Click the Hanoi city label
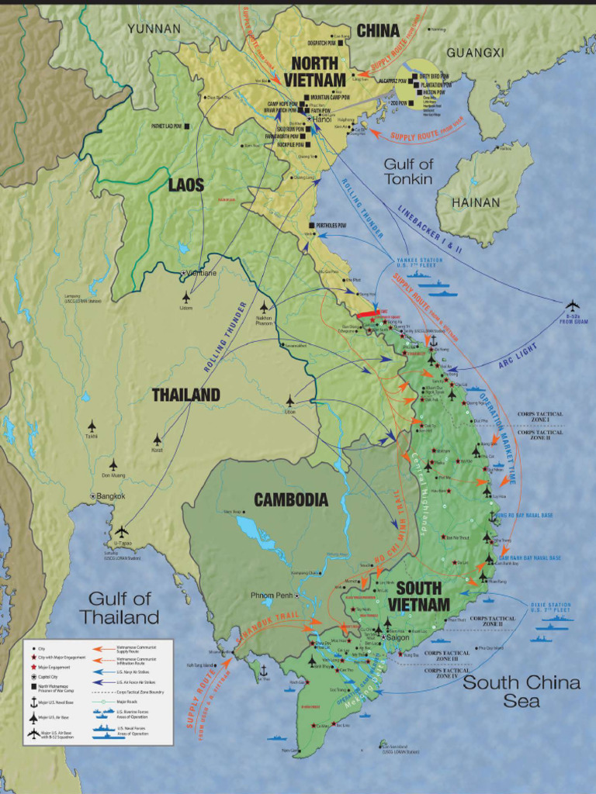tap(323, 119)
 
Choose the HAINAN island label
tap(476, 202)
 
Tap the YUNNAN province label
tap(154, 29)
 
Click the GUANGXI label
tap(475, 53)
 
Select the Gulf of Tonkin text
tap(408, 171)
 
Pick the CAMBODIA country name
tap(291, 500)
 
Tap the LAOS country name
tap(186, 185)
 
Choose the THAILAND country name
tap(185, 395)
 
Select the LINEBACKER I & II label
tap(429, 231)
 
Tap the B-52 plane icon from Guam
tap(573, 305)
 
